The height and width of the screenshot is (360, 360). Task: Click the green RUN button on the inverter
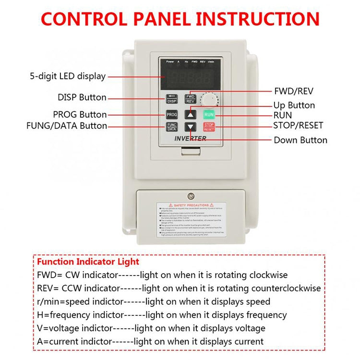[x=209, y=115]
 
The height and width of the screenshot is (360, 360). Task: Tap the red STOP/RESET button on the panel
[x=209, y=127]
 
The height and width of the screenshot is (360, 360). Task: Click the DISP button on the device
[x=172, y=99]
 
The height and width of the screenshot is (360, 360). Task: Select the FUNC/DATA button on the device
[x=172, y=127]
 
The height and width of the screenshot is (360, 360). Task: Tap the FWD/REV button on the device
[x=191, y=99]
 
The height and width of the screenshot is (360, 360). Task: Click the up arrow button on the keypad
[x=191, y=115]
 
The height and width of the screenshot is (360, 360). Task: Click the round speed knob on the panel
[x=210, y=100]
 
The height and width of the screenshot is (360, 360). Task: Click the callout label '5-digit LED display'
[x=68, y=76]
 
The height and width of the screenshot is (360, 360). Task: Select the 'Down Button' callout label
[x=300, y=140]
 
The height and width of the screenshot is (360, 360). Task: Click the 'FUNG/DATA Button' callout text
[x=66, y=126]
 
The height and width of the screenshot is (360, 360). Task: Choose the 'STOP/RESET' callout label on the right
[x=298, y=126]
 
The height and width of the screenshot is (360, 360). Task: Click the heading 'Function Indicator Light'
[x=88, y=262]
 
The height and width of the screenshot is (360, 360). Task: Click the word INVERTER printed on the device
[x=190, y=138]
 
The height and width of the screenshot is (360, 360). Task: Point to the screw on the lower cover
[x=191, y=195]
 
